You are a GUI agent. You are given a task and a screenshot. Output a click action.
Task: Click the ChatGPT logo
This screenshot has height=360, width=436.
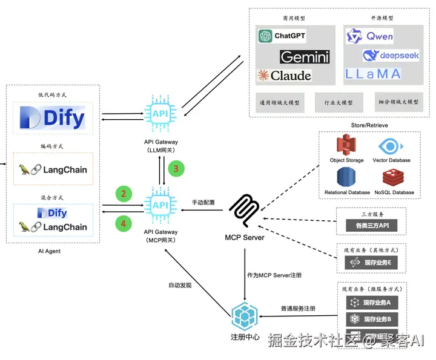point(282,36)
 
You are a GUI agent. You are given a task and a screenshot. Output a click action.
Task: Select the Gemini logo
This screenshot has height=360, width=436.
point(305,57)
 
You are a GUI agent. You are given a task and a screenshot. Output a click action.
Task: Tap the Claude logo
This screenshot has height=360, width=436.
point(284,76)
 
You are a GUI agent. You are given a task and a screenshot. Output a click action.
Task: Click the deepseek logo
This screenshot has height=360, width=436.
point(387,56)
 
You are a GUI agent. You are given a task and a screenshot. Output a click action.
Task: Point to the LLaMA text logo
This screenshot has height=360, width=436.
point(373,74)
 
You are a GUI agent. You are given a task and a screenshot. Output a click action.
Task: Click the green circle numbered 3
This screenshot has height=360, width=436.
point(176,169)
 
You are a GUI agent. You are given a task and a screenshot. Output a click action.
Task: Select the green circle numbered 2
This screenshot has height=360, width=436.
point(124,194)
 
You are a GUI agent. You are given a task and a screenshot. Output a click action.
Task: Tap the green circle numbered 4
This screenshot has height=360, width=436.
point(124,223)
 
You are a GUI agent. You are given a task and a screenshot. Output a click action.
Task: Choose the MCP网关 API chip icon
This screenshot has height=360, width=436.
point(160,206)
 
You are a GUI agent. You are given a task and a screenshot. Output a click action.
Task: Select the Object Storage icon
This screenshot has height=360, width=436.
point(346,145)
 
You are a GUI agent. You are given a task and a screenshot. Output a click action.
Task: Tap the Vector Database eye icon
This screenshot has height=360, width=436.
point(392,146)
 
